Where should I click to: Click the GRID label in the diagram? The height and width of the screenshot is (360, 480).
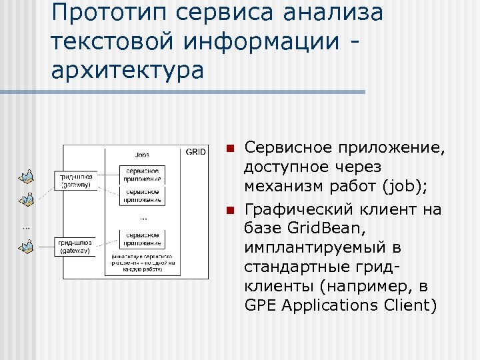coord(195,152)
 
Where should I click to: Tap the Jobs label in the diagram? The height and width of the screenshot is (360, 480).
coord(142,155)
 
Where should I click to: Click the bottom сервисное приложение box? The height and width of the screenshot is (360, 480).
coord(142,239)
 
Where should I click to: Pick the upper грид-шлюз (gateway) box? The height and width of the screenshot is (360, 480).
coord(75,181)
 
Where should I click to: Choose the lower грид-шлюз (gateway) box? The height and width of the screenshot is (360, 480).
coord(75,247)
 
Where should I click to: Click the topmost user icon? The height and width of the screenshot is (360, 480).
coord(26,176)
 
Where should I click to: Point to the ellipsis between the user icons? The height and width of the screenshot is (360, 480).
coord(26,227)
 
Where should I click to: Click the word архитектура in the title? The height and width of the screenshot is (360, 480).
coord(127,69)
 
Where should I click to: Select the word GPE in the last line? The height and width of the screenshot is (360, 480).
coord(260,305)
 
